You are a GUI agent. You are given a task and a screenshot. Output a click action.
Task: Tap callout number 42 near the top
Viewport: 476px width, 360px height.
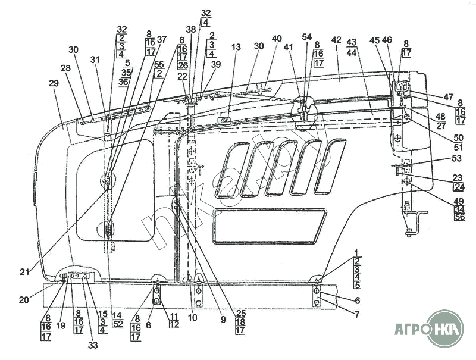click(337, 40)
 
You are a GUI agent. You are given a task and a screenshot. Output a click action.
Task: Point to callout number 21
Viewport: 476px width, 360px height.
click(24, 272)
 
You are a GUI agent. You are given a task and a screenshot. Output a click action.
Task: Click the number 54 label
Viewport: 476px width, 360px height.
click(306, 37)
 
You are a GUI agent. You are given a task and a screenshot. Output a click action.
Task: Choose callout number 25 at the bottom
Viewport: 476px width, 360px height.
click(240, 313)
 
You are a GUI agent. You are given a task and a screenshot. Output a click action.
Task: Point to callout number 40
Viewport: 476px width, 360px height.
click(277, 39)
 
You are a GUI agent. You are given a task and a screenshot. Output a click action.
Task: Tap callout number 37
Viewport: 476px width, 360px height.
click(162, 39)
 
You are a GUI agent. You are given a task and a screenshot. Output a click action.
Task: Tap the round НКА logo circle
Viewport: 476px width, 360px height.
click(445, 328)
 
